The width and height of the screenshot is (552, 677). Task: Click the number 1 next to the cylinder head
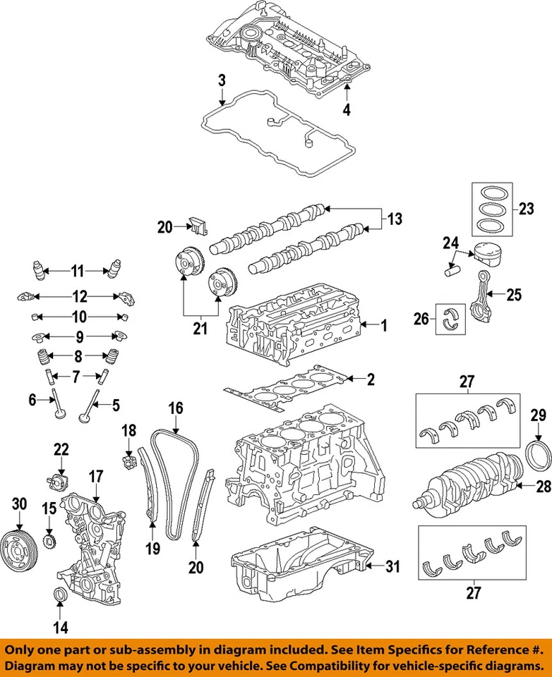(x=383, y=326)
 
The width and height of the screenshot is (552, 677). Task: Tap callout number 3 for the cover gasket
(x=222, y=80)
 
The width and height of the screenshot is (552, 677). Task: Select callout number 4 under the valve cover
(x=346, y=109)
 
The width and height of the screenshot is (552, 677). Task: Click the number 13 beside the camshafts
(x=395, y=219)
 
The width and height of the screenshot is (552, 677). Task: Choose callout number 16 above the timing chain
(x=175, y=408)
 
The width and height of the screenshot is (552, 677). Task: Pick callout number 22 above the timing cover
(x=61, y=449)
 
